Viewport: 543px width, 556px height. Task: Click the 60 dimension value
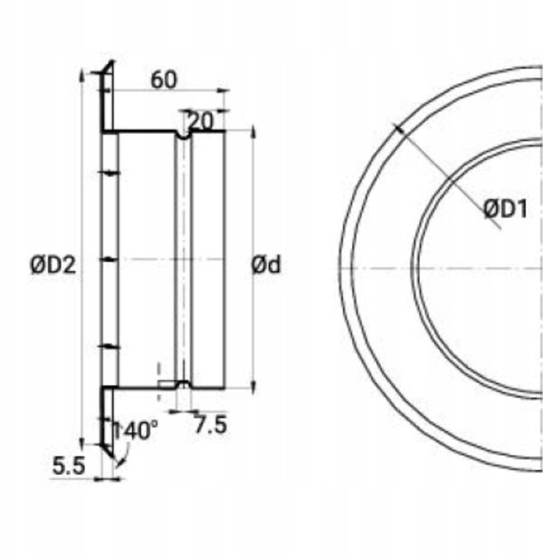[x=163, y=80]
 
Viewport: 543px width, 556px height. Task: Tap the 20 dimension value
[x=201, y=122]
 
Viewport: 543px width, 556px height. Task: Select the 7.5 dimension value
[x=211, y=425]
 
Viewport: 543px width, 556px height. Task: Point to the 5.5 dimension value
[x=69, y=466]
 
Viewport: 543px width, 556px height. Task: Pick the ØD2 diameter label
[x=53, y=265]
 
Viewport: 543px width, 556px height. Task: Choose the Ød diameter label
[x=266, y=265]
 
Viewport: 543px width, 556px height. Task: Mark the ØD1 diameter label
[x=506, y=209]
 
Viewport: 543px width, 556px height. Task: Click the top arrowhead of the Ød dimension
[x=253, y=131]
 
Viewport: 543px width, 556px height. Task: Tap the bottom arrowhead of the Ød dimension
[x=253, y=386]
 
